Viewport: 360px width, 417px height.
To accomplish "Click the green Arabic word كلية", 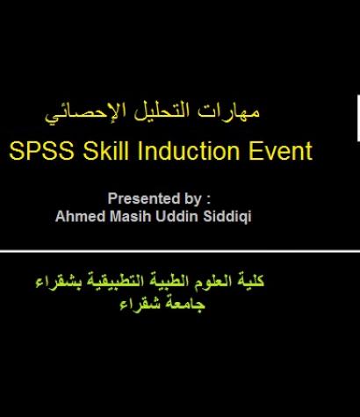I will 251,283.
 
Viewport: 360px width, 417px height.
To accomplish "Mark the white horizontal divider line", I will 176,252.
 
